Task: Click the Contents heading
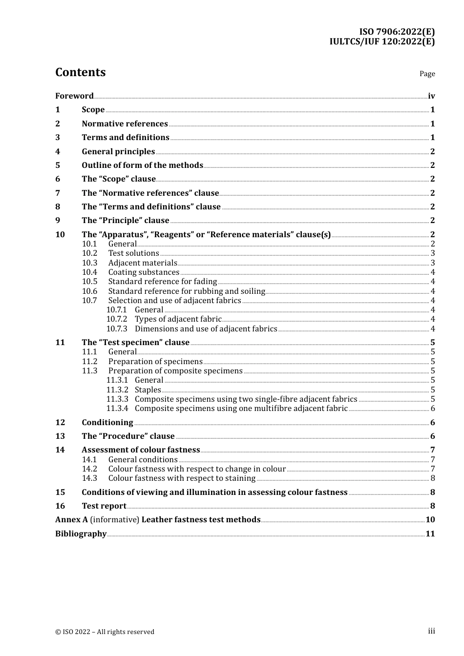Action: [x=80, y=72]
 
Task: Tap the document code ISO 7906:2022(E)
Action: [x=397, y=32]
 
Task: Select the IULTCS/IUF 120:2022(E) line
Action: [x=382, y=41]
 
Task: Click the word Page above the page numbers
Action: [x=427, y=74]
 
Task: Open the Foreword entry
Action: [x=74, y=96]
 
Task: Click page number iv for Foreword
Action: [x=431, y=96]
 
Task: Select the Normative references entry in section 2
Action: [x=125, y=124]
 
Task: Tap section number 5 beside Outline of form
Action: [x=58, y=165]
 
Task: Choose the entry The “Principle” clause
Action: [x=126, y=221]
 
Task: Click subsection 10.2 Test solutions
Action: [x=133, y=253]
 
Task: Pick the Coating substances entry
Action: [x=144, y=272]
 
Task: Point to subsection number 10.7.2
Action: [x=117, y=319]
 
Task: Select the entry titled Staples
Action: [x=148, y=390]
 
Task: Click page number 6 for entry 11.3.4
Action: [x=433, y=409]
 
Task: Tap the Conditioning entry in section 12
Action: [x=107, y=423]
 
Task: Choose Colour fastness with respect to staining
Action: [x=182, y=478]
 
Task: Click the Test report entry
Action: [x=104, y=506]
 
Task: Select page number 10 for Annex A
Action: [x=430, y=520]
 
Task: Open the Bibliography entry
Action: [x=81, y=534]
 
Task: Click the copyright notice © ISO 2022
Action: [x=105, y=632]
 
